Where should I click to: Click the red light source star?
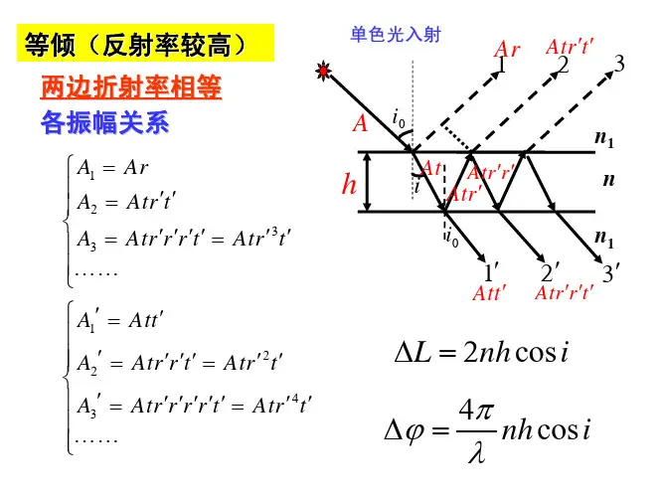click(x=323, y=71)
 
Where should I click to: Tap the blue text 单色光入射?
click(x=396, y=35)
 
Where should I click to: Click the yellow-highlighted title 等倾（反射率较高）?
click(x=134, y=45)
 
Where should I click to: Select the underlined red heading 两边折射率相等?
click(x=131, y=87)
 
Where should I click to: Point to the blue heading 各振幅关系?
click(x=105, y=122)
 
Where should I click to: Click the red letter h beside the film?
click(x=349, y=184)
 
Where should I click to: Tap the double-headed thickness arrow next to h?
click(x=368, y=182)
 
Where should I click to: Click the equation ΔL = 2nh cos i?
click(x=481, y=352)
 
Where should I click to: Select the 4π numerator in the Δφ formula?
click(x=476, y=411)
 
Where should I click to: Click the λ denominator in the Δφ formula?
click(x=477, y=453)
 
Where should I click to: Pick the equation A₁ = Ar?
click(x=113, y=169)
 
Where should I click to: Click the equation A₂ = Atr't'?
click(x=126, y=203)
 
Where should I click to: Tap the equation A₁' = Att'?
click(x=120, y=321)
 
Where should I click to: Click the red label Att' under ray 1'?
click(x=489, y=293)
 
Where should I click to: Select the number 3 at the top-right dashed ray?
click(x=619, y=64)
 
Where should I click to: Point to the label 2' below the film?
click(x=550, y=272)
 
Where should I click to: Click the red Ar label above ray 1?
click(x=507, y=49)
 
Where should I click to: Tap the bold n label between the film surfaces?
click(x=609, y=180)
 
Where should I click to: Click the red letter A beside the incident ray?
click(x=360, y=124)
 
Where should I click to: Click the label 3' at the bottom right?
click(x=611, y=272)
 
